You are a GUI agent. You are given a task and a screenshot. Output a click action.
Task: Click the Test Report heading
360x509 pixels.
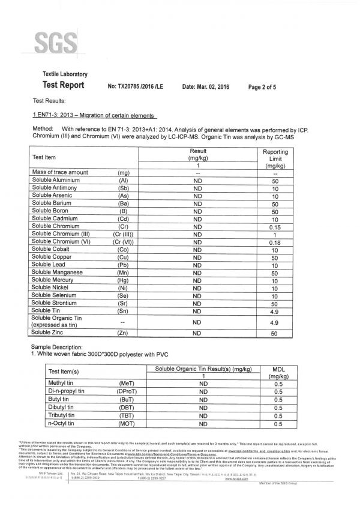click(63, 85)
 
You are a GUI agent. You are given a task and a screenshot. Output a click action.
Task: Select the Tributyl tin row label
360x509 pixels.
click(61, 415)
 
